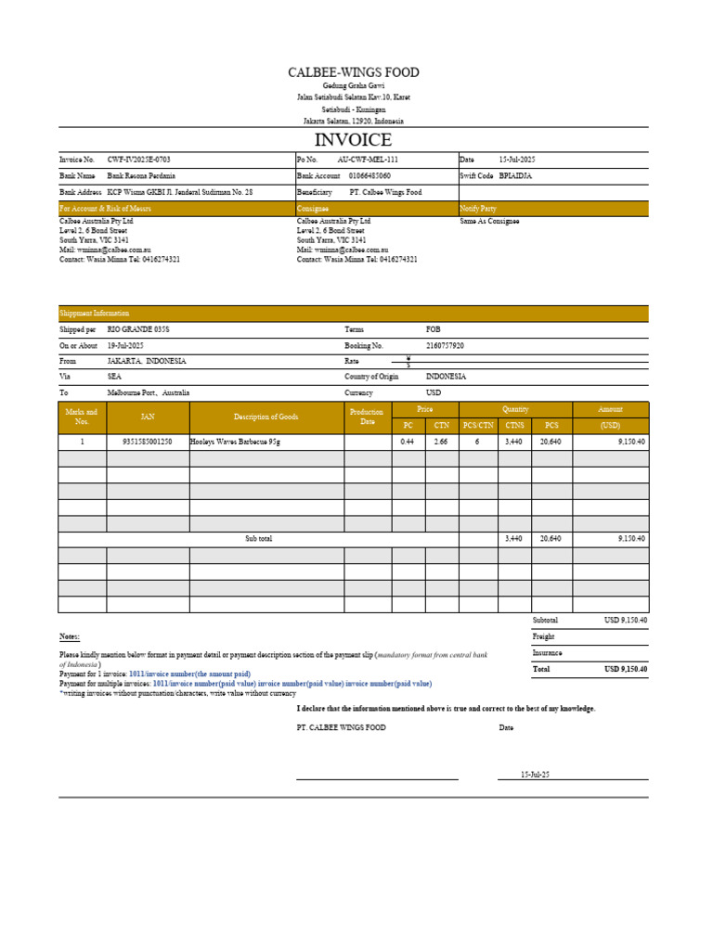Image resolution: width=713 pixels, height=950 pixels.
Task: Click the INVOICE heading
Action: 353,140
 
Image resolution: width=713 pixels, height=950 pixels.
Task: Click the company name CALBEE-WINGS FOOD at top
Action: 353,72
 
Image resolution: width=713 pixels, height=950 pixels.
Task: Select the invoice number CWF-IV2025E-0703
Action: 138,160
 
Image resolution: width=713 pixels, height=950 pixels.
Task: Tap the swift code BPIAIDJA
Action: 518,175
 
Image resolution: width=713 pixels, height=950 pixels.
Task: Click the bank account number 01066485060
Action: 369,175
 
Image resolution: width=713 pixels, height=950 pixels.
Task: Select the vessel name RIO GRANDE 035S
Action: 138,329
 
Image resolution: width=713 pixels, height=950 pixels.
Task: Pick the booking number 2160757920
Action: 445,345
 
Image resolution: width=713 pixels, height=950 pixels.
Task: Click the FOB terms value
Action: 433,329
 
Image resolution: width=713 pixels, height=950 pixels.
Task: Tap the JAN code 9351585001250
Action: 148,443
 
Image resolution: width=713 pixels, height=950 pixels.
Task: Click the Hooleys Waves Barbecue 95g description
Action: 235,443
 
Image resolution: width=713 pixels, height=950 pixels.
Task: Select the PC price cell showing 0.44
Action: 407,443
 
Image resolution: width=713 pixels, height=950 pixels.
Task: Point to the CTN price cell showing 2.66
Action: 441,443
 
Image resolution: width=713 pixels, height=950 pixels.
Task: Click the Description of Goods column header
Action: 266,417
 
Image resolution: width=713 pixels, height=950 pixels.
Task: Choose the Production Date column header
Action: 368,417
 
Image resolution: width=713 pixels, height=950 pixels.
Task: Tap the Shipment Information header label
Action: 95,314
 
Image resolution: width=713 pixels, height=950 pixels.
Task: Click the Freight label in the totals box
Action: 543,636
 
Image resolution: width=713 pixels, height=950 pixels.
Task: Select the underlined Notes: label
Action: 70,636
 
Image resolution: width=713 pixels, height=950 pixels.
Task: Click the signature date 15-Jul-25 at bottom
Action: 536,774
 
